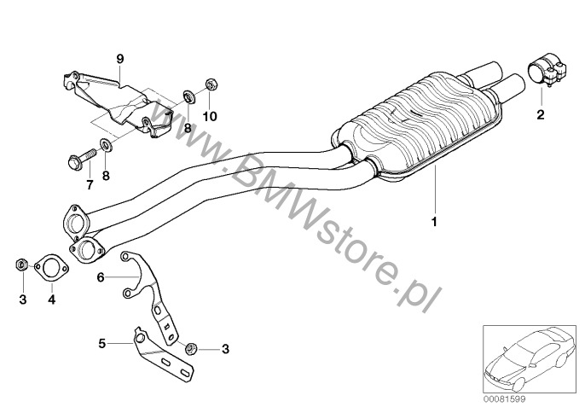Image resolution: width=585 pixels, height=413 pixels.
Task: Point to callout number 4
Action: point(51,300)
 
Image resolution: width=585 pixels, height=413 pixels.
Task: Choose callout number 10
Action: point(210,115)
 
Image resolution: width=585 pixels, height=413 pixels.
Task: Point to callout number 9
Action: point(120,58)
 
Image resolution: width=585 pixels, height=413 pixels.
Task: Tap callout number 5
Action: point(101,343)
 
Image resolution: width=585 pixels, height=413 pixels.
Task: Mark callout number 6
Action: point(101,276)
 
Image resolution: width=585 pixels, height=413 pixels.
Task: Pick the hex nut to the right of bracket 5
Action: point(192,348)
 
